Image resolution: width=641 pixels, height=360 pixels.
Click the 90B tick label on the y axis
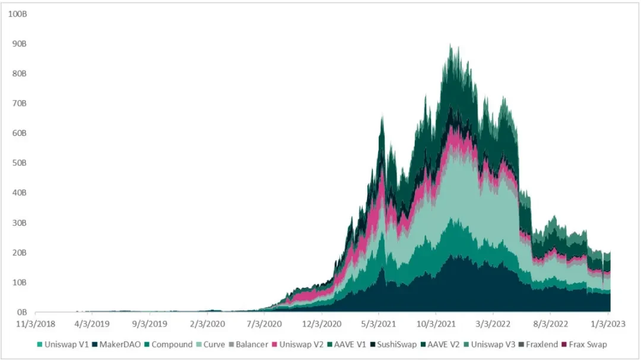(x=19, y=44)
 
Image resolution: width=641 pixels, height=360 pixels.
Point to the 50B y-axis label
(x=19, y=163)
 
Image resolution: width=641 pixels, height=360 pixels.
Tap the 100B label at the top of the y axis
(x=17, y=14)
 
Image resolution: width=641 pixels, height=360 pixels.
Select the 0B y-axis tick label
(x=21, y=312)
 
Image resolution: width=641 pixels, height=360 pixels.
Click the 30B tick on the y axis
(x=19, y=223)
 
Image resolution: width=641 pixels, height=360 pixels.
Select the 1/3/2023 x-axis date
(x=608, y=324)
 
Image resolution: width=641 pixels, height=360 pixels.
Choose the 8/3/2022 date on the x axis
(x=550, y=324)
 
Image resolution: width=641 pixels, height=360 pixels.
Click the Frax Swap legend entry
(x=588, y=345)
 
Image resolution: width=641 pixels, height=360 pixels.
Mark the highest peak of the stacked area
(x=450, y=44)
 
